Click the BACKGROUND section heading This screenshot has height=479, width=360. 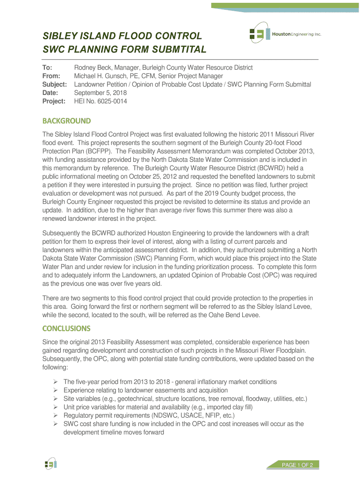click(x=66, y=121)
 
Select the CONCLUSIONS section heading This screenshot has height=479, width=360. click(x=66, y=328)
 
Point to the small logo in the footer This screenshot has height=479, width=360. click(x=50, y=464)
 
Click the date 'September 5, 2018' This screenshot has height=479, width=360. click(x=101, y=93)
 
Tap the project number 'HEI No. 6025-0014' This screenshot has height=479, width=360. click(x=101, y=101)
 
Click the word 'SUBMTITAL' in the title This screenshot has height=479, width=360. click(x=178, y=50)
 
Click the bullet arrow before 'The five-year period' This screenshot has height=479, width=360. click(x=55, y=382)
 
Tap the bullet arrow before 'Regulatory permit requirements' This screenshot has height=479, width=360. click(x=55, y=415)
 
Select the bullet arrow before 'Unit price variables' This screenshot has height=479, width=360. click(x=55, y=407)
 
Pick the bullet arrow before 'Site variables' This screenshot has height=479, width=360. click(x=55, y=399)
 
